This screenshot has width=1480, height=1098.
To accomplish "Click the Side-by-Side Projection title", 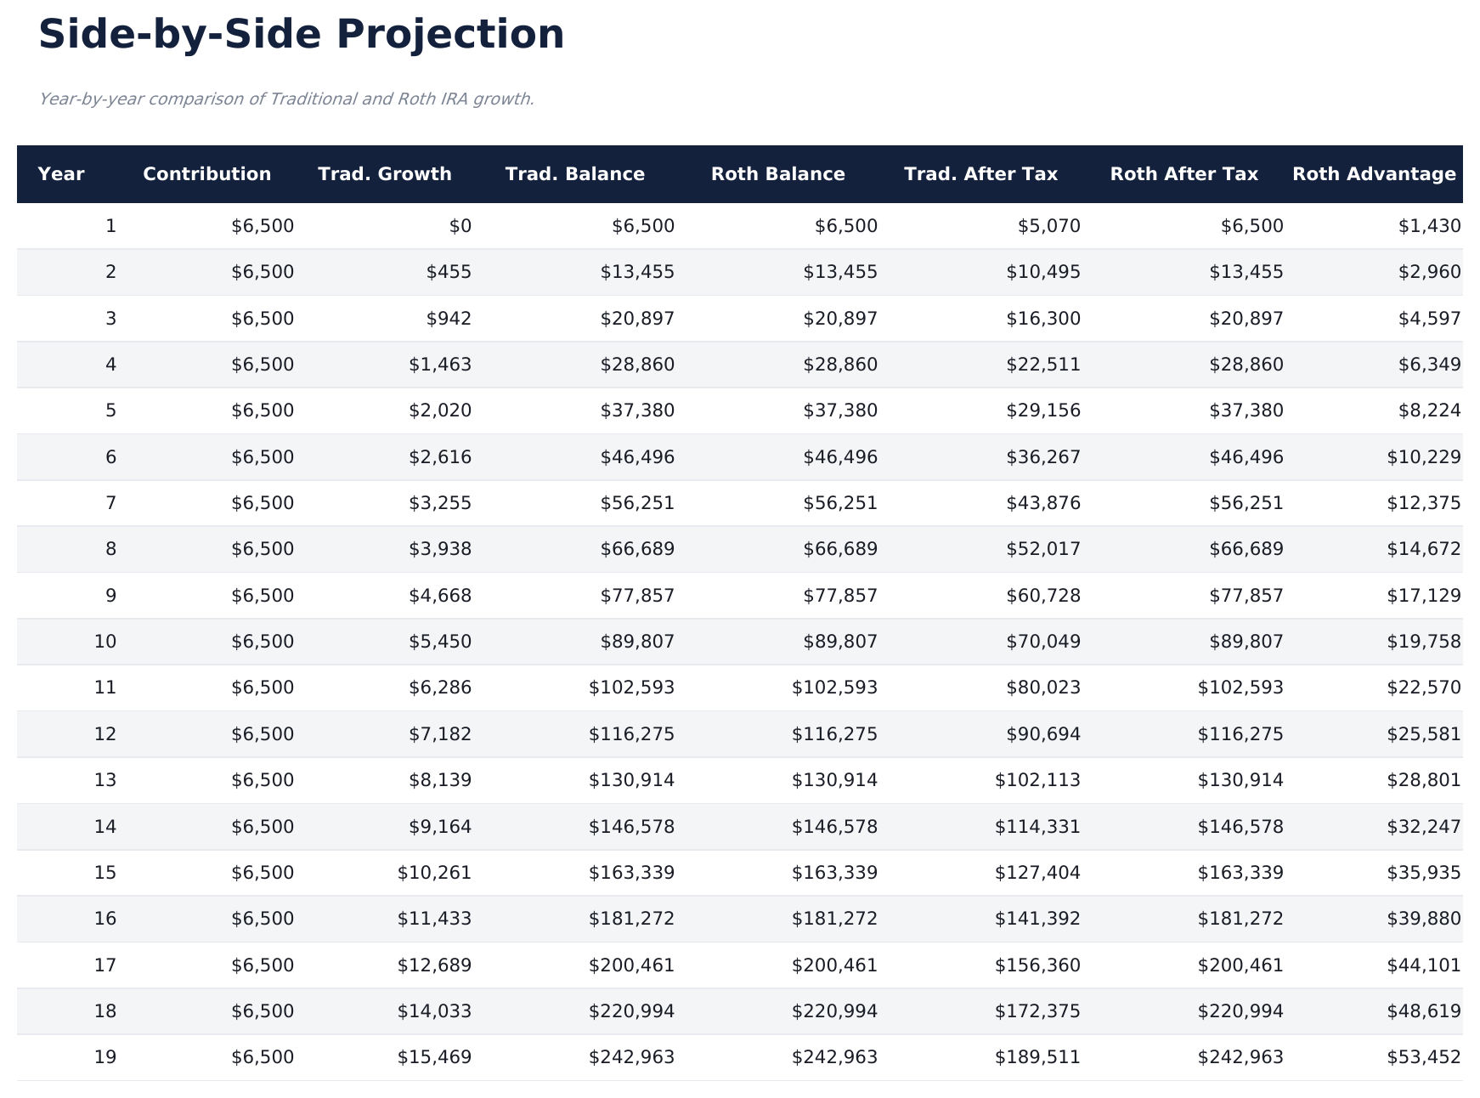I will coord(302,36).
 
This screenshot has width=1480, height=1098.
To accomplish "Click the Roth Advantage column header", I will coord(1374,174).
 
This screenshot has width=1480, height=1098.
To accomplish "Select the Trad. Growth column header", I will coord(385,174).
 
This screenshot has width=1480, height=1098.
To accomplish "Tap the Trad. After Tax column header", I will coord(980,174).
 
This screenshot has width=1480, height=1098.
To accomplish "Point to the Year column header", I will coord(61,174).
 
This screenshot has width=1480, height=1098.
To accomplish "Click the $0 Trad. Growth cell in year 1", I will coord(460,226).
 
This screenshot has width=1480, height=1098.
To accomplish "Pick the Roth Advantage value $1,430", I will coord(1429,226).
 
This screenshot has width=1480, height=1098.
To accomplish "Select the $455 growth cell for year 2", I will coord(449,272).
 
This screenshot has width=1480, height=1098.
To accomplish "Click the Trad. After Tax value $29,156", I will coord(1043,410).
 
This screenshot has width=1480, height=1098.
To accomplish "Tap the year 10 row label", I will coord(105,642).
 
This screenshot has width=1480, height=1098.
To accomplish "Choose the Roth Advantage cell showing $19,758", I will coord(1424,642).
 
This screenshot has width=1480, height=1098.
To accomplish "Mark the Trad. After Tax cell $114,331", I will coord(1038,826).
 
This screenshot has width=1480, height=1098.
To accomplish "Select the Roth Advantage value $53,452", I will coord(1424,1057).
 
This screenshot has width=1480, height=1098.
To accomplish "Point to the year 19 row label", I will coord(105,1057).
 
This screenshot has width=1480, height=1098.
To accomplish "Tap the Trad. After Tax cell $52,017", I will coord(1043,549).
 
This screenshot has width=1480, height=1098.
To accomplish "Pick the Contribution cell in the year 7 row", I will coord(263,503).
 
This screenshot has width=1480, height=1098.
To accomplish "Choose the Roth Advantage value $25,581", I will coord(1424,733).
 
